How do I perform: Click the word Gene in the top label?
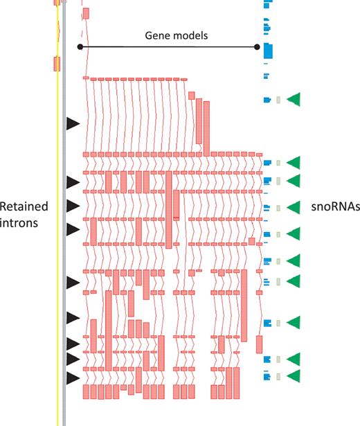pyautogui.click(x=157, y=35)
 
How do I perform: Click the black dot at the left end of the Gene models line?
pyautogui.click(x=80, y=47)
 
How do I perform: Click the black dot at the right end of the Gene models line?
pyautogui.click(x=258, y=47)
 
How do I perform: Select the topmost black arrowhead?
pyautogui.click(x=73, y=123)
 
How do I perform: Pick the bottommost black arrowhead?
pyautogui.click(x=73, y=379)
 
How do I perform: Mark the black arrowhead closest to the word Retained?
pyautogui.click(x=73, y=206)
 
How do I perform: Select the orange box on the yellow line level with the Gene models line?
pyautogui.click(x=57, y=64)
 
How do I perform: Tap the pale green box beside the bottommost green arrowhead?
pyautogui.click(x=278, y=376)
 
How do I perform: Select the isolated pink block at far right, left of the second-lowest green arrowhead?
pyautogui.click(x=260, y=344)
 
